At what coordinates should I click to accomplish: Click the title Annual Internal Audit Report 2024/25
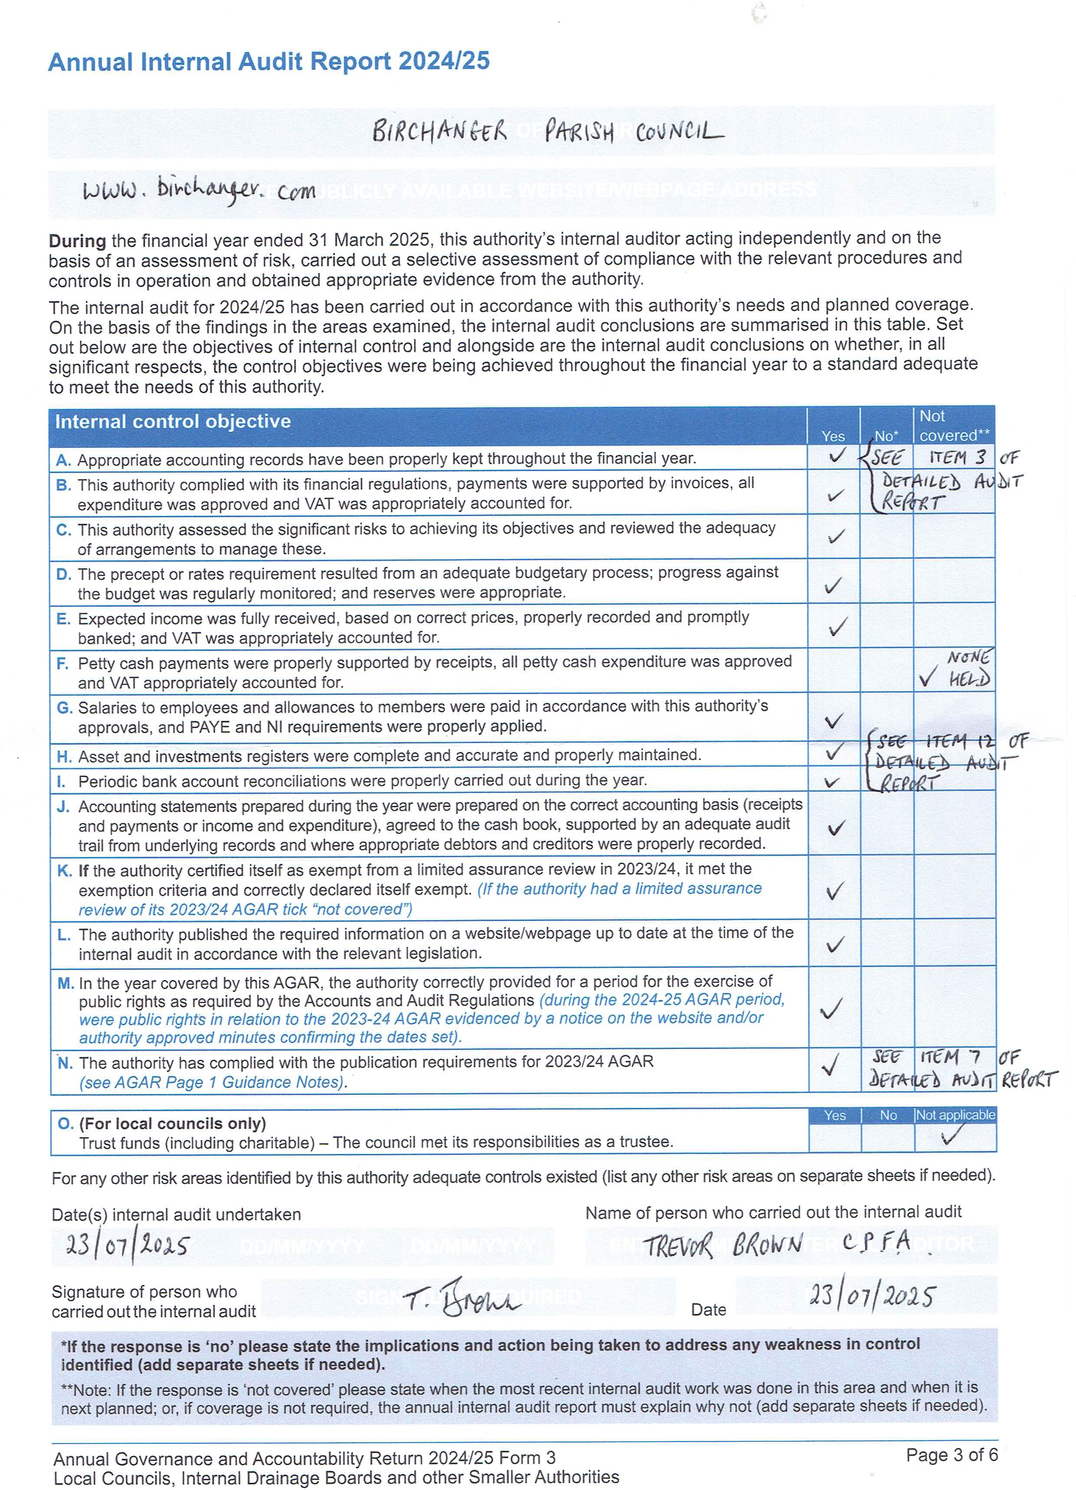tap(269, 62)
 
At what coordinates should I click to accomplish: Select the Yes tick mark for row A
tap(836, 455)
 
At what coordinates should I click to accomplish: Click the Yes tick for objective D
tap(833, 584)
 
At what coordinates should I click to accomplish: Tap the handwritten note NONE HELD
tap(968, 668)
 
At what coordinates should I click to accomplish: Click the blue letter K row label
tap(64, 871)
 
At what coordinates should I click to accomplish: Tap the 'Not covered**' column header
tap(953, 426)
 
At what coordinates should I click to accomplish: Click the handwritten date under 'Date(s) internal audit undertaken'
tap(128, 1243)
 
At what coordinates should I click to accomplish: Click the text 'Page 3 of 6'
tap(951, 1454)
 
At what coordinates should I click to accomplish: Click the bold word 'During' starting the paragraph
tap(77, 240)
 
